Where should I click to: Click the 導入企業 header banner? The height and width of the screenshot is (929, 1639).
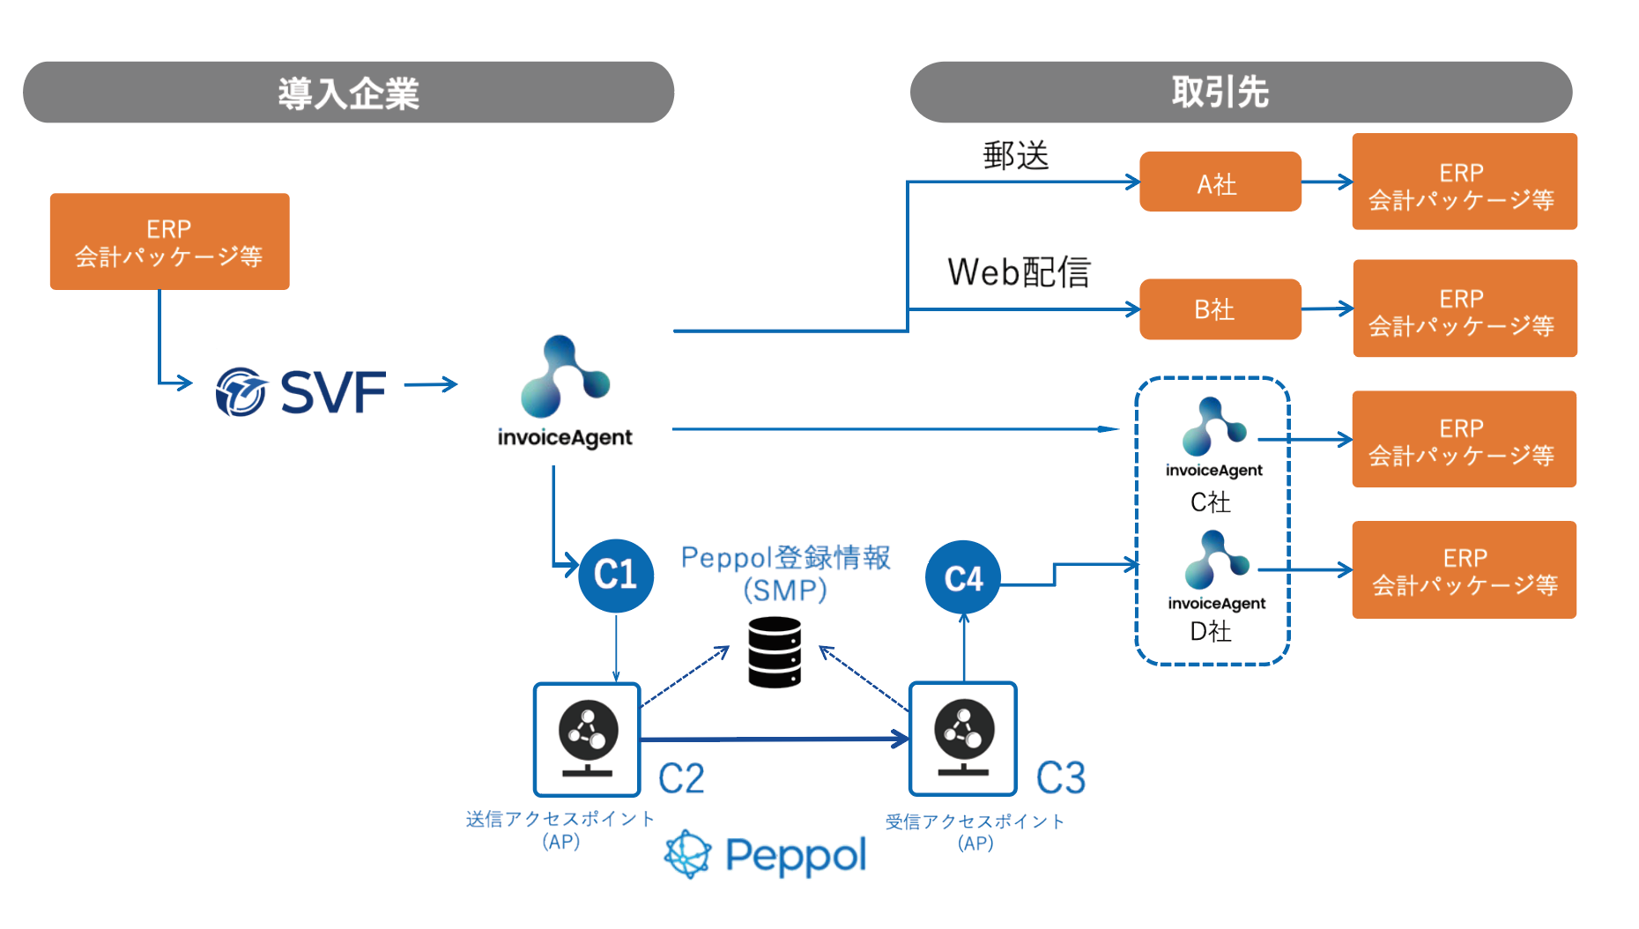(x=348, y=93)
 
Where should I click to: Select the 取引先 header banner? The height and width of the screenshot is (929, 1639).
(x=1241, y=93)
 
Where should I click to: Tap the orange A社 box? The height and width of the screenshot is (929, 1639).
(x=1220, y=182)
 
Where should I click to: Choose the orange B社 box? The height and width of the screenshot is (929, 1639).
(x=1220, y=309)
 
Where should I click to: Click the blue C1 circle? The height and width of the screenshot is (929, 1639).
(x=616, y=576)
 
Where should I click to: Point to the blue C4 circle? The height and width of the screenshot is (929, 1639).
(x=963, y=578)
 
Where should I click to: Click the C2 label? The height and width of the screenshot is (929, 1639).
(x=681, y=778)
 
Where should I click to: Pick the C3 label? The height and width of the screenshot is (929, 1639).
(x=1061, y=778)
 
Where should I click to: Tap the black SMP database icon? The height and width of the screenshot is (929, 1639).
(x=775, y=652)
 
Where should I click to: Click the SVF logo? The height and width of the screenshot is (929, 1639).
(x=301, y=392)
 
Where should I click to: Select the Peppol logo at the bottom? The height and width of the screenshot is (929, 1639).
(x=766, y=855)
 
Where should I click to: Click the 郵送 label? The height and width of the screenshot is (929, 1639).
(x=1016, y=156)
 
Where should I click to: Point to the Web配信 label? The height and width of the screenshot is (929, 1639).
(x=1019, y=272)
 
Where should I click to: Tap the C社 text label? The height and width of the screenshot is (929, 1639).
(x=1211, y=502)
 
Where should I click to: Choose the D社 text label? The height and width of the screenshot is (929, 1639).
(x=1211, y=631)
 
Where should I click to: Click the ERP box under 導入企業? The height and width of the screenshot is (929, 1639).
(x=169, y=242)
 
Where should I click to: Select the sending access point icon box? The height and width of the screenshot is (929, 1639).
(x=587, y=739)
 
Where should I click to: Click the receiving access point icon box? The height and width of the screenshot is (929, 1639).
(x=963, y=739)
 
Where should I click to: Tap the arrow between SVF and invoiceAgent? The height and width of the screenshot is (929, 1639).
(x=431, y=384)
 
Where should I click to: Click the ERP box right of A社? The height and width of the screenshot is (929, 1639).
(x=1464, y=182)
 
